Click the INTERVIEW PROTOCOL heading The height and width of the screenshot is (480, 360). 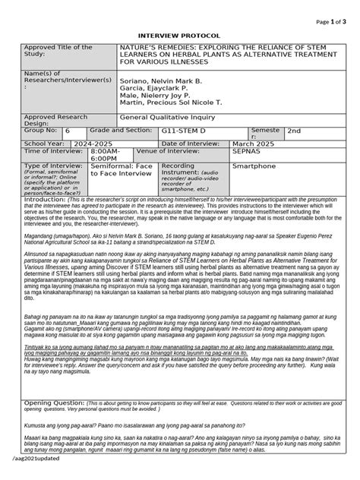coord(179,36)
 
